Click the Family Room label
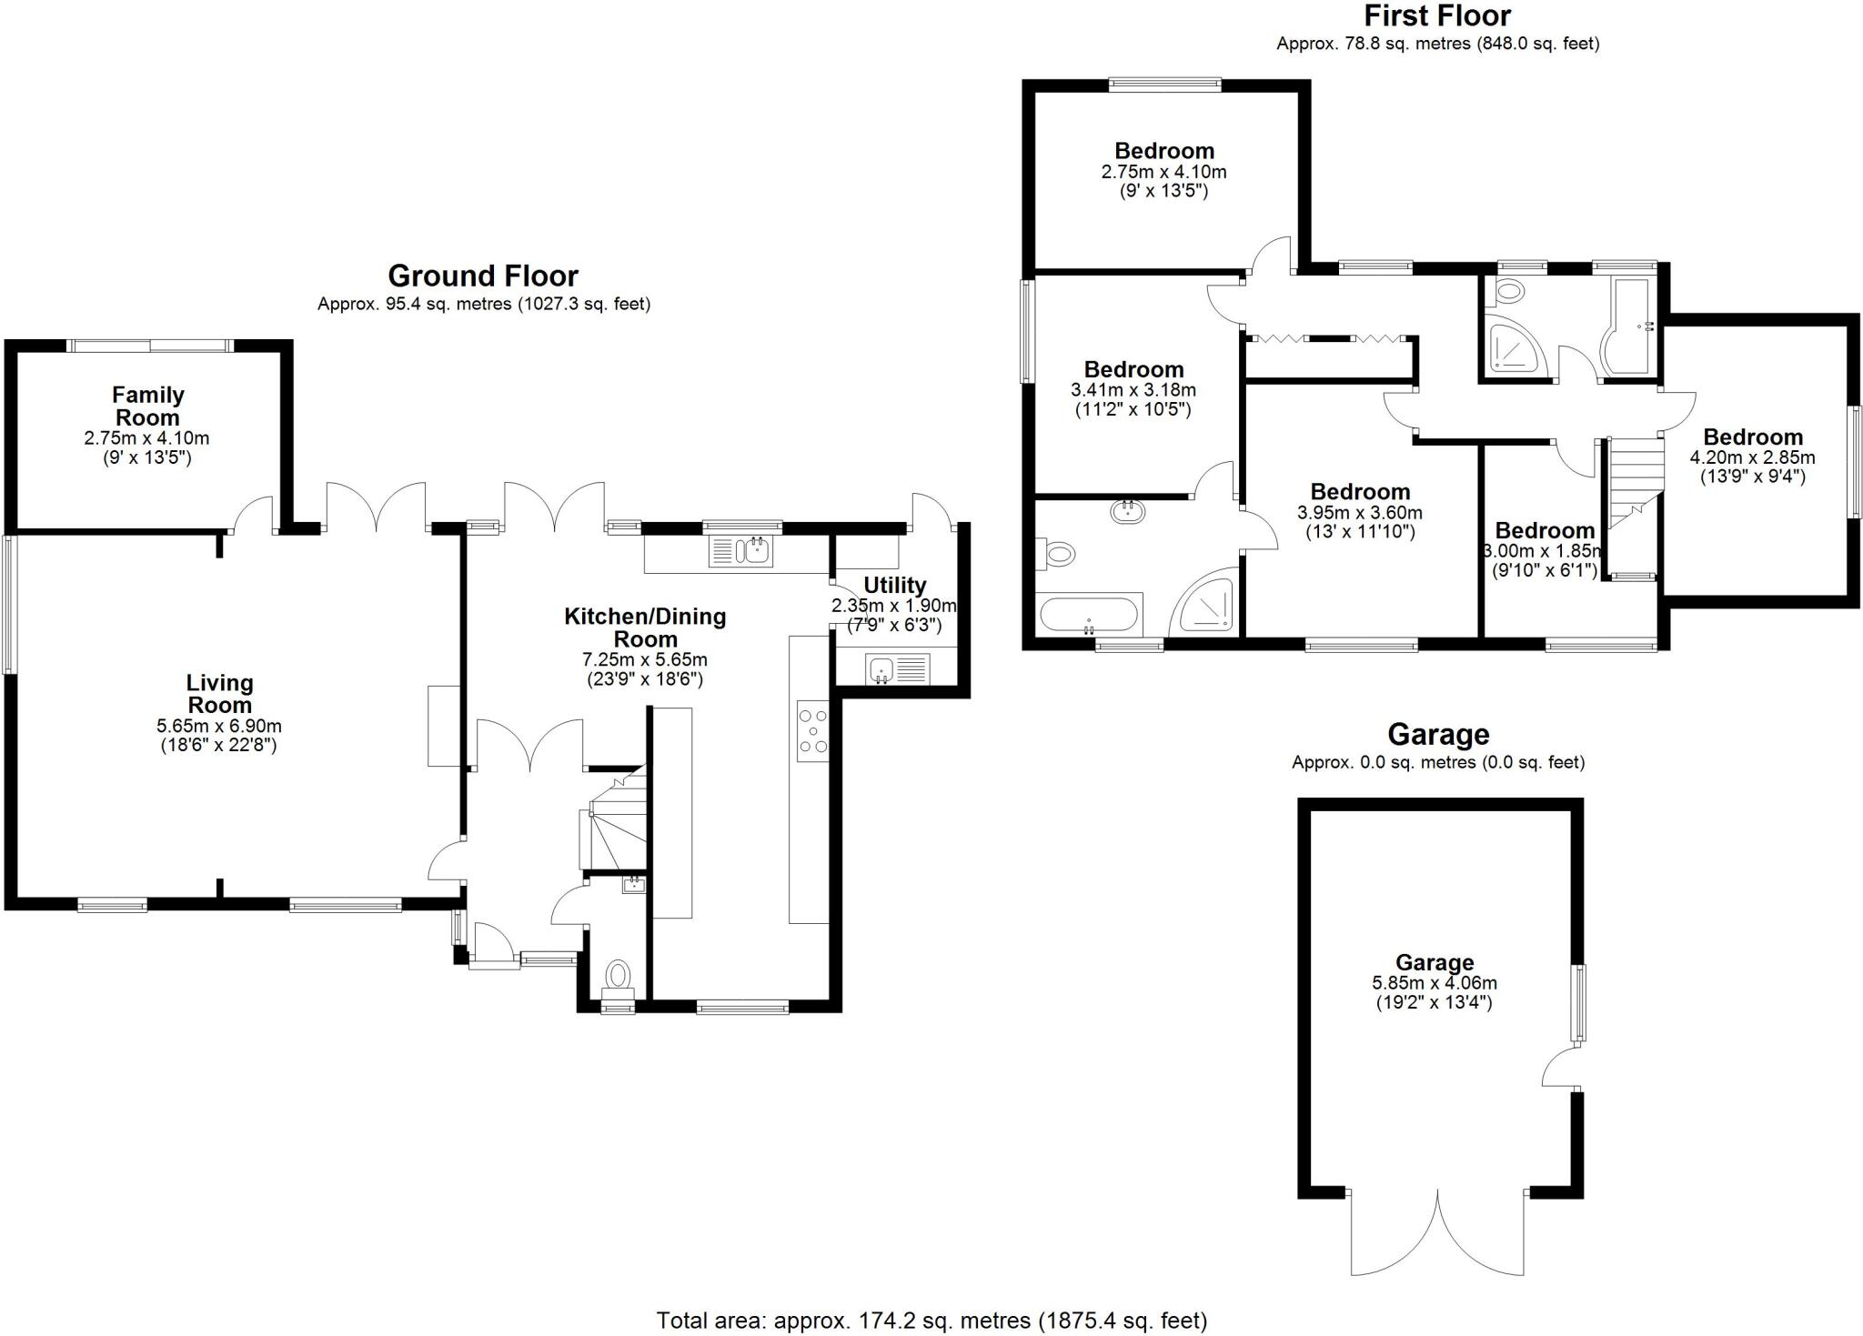(147, 407)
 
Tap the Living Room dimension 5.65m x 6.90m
(219, 726)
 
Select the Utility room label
(895, 585)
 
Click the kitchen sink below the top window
(740, 551)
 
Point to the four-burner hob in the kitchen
(812, 730)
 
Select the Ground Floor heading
(483, 276)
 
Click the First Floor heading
(1437, 15)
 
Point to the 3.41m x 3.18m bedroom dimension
(1133, 390)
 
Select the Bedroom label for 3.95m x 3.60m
(1360, 492)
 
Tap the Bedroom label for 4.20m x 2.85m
(1752, 437)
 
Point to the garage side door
(1561, 1069)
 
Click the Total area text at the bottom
(931, 1320)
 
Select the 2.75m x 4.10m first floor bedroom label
(1164, 151)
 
